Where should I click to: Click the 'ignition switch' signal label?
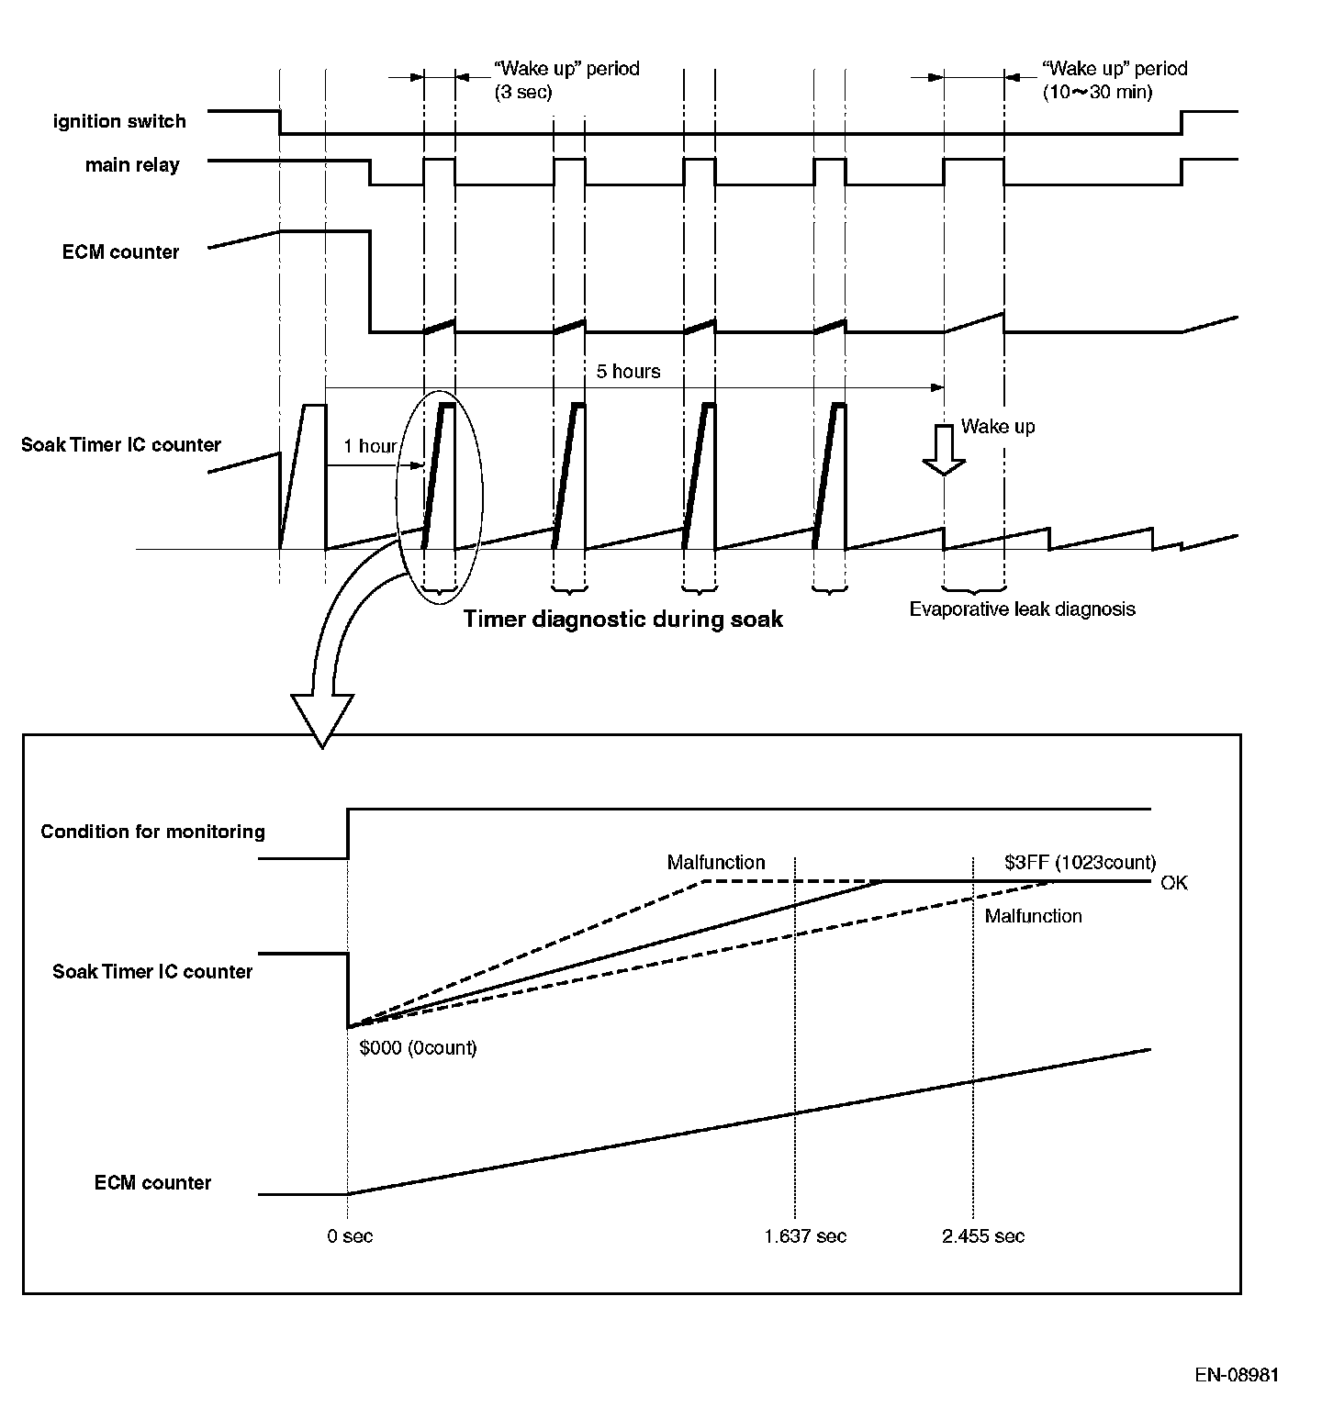119,121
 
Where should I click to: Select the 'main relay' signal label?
132,165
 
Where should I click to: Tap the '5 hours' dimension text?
629,371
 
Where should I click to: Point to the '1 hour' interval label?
370,446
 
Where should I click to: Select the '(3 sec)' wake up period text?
523,93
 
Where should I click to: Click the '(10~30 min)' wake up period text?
1097,93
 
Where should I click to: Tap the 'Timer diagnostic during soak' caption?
623,619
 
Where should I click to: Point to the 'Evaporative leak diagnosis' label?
1023,609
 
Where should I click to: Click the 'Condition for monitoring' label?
152,832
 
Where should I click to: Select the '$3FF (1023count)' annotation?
1081,863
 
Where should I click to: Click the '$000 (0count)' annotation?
419,1047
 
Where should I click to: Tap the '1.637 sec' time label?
805,1236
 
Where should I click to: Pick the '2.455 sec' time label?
983,1236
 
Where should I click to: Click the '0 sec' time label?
351,1236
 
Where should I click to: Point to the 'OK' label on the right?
1174,883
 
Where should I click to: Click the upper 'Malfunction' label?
716,862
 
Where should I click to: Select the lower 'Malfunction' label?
1034,916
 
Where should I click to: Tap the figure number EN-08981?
1237,1375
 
